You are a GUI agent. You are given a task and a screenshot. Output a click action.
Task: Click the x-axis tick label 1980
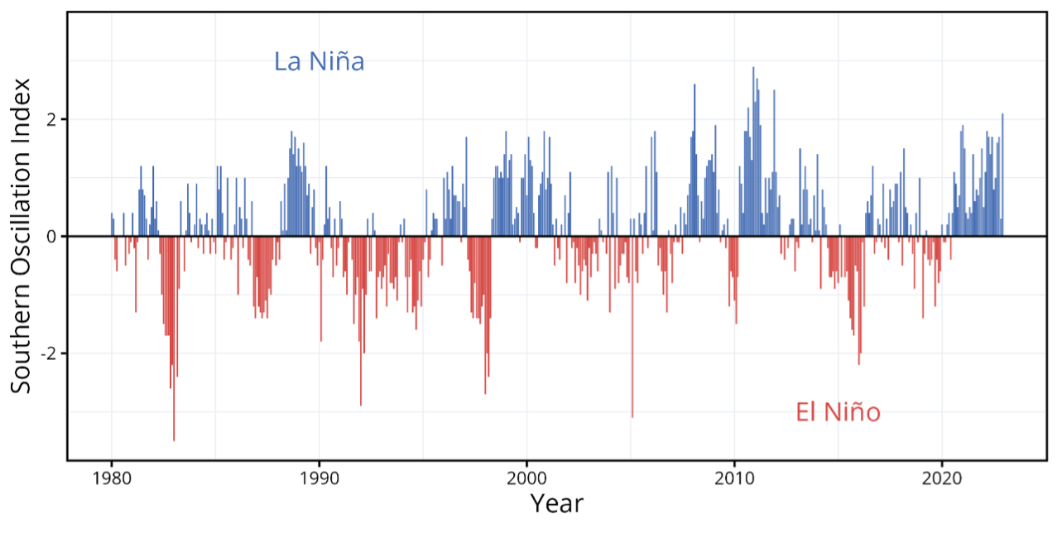111,478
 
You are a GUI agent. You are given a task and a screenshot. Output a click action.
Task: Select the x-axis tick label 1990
319,478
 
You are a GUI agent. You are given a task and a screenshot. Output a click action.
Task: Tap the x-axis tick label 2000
526,478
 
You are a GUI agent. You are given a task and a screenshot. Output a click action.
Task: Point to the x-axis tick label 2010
733,478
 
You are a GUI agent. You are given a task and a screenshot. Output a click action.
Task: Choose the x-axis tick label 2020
941,478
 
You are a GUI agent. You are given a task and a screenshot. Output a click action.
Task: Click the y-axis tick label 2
51,119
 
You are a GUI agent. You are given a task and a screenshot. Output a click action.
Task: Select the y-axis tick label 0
51,237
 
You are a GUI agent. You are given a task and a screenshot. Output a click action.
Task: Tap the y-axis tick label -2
48,354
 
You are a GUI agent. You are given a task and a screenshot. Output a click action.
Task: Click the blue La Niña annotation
320,62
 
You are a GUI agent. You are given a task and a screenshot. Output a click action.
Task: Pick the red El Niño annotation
838,412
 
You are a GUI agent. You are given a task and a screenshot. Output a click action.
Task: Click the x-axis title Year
556,503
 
